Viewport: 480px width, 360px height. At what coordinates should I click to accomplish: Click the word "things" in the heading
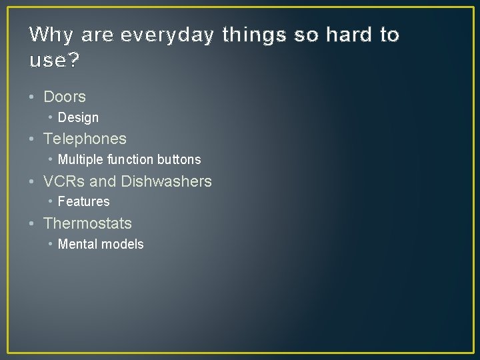tap(256, 35)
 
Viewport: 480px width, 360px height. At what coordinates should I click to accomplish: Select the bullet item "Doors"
tap(64, 97)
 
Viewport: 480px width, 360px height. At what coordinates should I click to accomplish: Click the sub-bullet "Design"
tap(78, 118)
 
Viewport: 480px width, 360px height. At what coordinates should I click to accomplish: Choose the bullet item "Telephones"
tap(85, 139)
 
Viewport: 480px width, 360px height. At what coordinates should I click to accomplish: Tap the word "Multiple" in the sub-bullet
tap(80, 159)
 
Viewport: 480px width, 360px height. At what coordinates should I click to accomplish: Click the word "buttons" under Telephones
tap(179, 159)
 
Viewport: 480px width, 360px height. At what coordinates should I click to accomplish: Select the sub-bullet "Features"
tap(83, 201)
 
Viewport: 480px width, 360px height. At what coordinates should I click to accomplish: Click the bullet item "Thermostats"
tap(87, 223)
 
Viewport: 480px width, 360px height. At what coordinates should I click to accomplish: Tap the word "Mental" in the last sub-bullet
tap(77, 244)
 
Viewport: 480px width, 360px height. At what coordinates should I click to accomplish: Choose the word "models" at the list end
tap(122, 244)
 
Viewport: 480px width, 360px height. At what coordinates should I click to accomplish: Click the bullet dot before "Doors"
tap(33, 97)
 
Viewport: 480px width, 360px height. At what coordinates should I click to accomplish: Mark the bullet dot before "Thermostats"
tap(33, 223)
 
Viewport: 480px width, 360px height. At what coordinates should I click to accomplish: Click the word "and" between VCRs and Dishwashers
tap(103, 181)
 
